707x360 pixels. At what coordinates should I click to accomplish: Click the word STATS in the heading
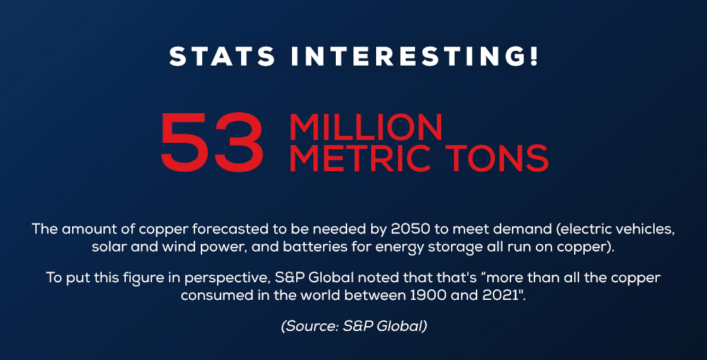coord(222,57)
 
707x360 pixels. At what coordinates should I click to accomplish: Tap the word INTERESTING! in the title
coord(415,57)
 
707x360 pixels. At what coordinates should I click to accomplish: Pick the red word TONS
coord(497,158)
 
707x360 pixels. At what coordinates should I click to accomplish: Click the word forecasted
coord(230,229)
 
